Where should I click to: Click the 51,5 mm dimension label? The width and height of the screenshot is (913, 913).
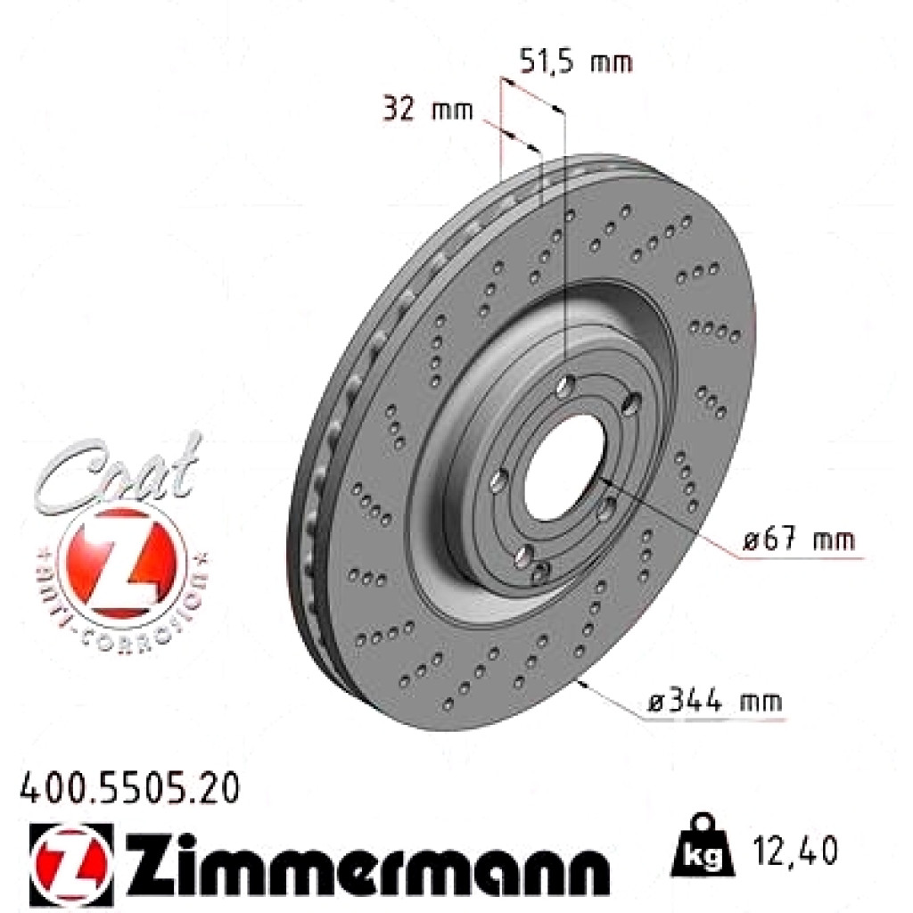click(575, 62)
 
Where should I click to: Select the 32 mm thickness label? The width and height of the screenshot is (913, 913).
click(428, 108)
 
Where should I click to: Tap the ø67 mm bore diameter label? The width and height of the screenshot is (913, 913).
click(798, 539)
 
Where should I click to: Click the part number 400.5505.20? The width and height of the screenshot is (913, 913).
click(129, 788)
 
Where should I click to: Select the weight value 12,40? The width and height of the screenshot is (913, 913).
click(795, 850)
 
